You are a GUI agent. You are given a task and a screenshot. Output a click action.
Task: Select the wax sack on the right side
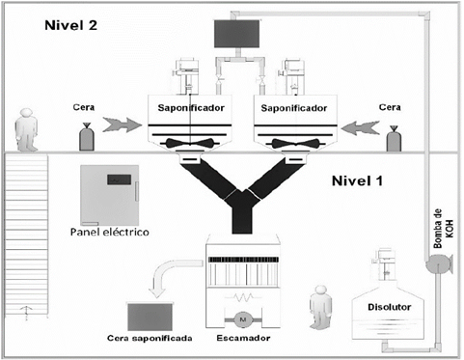click(x=394, y=138)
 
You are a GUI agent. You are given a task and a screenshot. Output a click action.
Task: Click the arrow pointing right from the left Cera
click(x=121, y=125)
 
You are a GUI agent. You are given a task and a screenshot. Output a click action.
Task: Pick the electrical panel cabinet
click(x=112, y=193)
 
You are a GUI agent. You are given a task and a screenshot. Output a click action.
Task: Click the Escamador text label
click(x=244, y=340)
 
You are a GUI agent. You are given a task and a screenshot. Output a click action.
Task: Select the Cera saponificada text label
click(x=151, y=340)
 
